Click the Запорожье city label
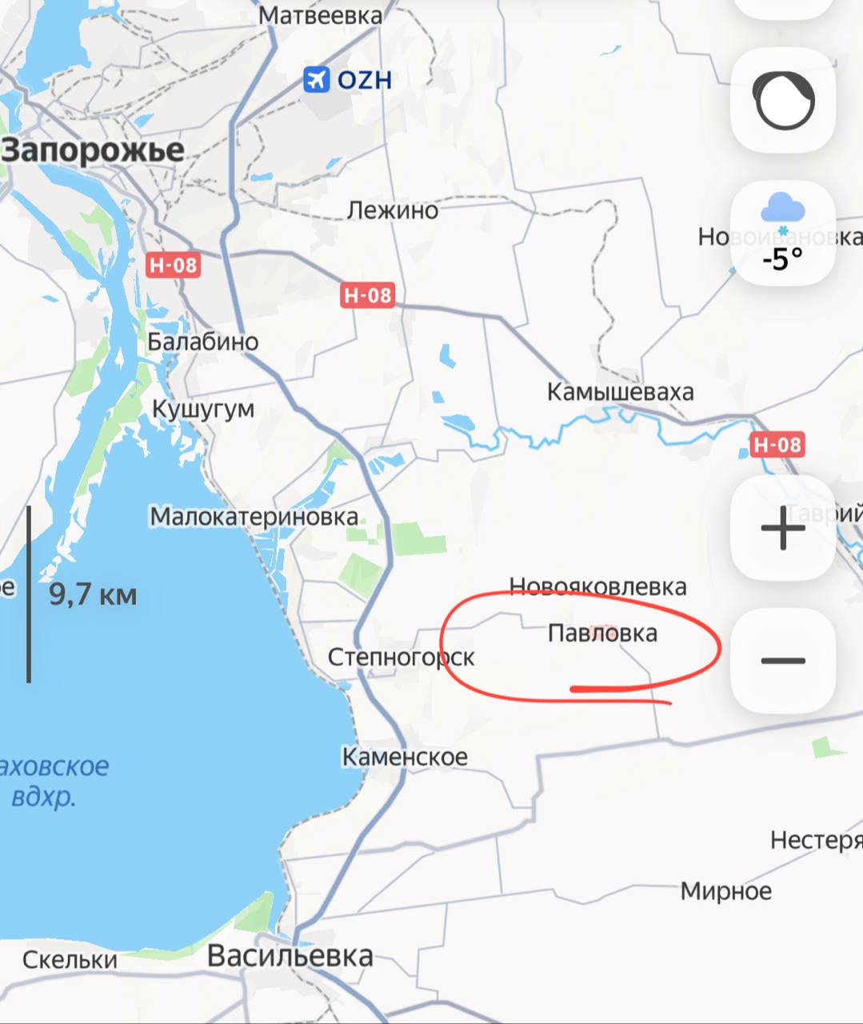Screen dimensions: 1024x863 point(94,150)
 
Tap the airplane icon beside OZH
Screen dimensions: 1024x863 point(317,79)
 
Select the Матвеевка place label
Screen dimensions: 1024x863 point(321,15)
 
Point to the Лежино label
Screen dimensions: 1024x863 point(393,210)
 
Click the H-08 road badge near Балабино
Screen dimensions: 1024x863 point(173,265)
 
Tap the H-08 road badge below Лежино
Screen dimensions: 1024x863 point(368,295)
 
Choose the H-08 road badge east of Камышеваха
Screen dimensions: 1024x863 point(777,444)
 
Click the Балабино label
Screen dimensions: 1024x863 point(203,342)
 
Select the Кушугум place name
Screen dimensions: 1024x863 point(203,409)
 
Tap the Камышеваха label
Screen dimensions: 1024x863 point(620,392)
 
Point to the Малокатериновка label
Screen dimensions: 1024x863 point(254,517)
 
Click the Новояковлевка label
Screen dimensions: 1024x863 point(597,586)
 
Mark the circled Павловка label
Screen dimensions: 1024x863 point(602,633)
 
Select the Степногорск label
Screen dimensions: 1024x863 point(401,658)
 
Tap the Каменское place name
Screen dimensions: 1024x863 point(405,757)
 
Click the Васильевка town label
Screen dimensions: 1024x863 point(290,955)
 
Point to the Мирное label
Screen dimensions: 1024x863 point(726,891)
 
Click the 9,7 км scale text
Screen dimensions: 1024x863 point(93,595)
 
